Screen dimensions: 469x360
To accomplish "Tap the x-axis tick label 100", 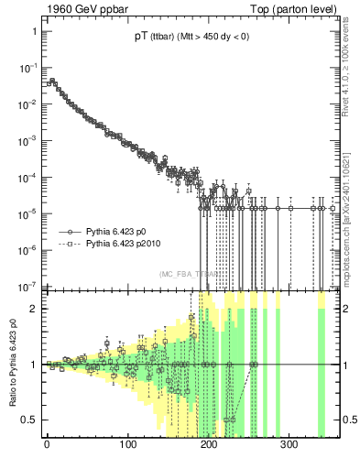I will click(x=127, y=444).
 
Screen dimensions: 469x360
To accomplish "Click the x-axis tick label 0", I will click(x=47, y=444).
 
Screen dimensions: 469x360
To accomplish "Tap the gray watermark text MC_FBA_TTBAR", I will click(x=188, y=274).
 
